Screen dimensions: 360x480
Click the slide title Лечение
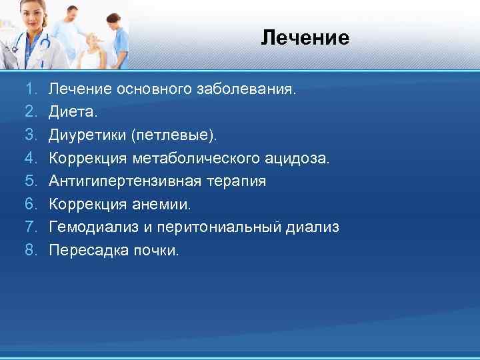coord(305,38)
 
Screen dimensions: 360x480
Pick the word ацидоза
coord(301,159)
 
